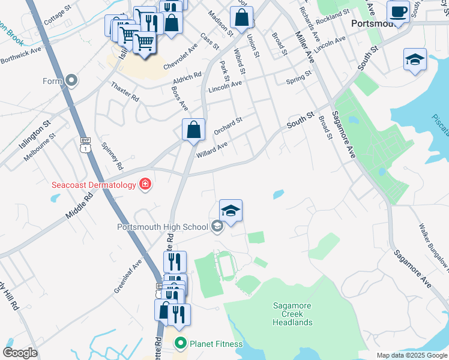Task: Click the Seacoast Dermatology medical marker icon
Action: tap(145, 184)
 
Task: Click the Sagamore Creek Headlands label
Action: tap(292, 314)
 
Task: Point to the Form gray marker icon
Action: tap(72, 80)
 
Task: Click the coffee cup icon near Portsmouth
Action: tap(398, 11)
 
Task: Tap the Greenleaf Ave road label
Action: tap(128, 276)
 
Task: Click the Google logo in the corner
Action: tap(20, 353)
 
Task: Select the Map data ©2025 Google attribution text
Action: tap(411, 355)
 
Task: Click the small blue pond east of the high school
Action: tap(279, 194)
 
